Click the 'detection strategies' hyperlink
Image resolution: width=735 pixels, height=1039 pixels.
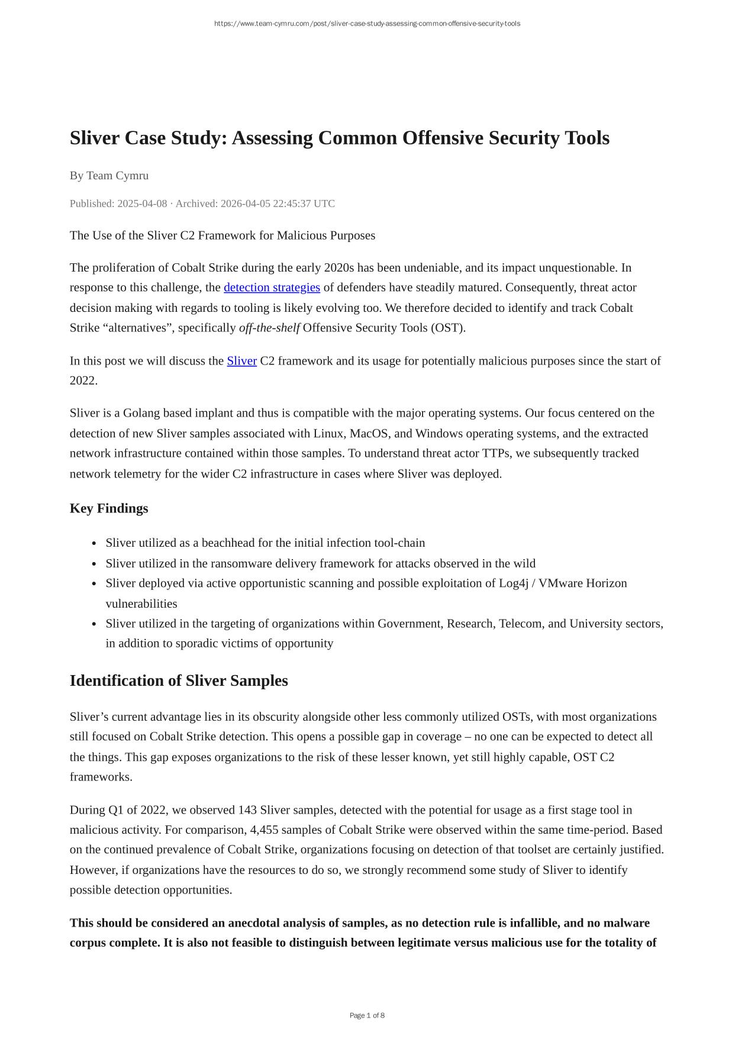[272, 288]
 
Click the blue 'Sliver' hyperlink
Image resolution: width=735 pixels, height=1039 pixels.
[241, 361]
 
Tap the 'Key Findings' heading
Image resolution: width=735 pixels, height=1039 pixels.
[109, 508]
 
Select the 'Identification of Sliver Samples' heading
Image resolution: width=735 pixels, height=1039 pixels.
[179, 680]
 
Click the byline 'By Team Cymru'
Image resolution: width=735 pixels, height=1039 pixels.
[109, 176]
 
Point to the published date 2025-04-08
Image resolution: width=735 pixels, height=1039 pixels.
[142, 204]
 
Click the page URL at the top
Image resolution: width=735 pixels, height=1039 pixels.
[367, 24]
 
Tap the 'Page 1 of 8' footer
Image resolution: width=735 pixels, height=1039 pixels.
[367, 1015]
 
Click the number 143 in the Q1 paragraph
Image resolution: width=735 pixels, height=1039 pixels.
[247, 810]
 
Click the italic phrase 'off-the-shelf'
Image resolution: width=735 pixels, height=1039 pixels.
[269, 328]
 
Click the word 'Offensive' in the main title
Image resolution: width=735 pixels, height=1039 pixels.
[440, 138]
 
